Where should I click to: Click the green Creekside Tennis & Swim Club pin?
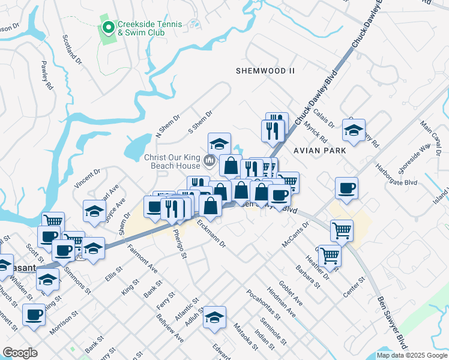(108, 27)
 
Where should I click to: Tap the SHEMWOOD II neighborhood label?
(265, 71)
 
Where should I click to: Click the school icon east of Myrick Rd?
(354, 129)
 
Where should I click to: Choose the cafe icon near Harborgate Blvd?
(346, 187)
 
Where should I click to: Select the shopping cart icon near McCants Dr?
(342, 229)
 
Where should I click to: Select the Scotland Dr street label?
(72, 49)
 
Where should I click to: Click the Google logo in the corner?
(20, 353)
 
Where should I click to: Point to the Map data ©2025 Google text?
(412, 355)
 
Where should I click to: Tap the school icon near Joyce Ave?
(95, 211)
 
